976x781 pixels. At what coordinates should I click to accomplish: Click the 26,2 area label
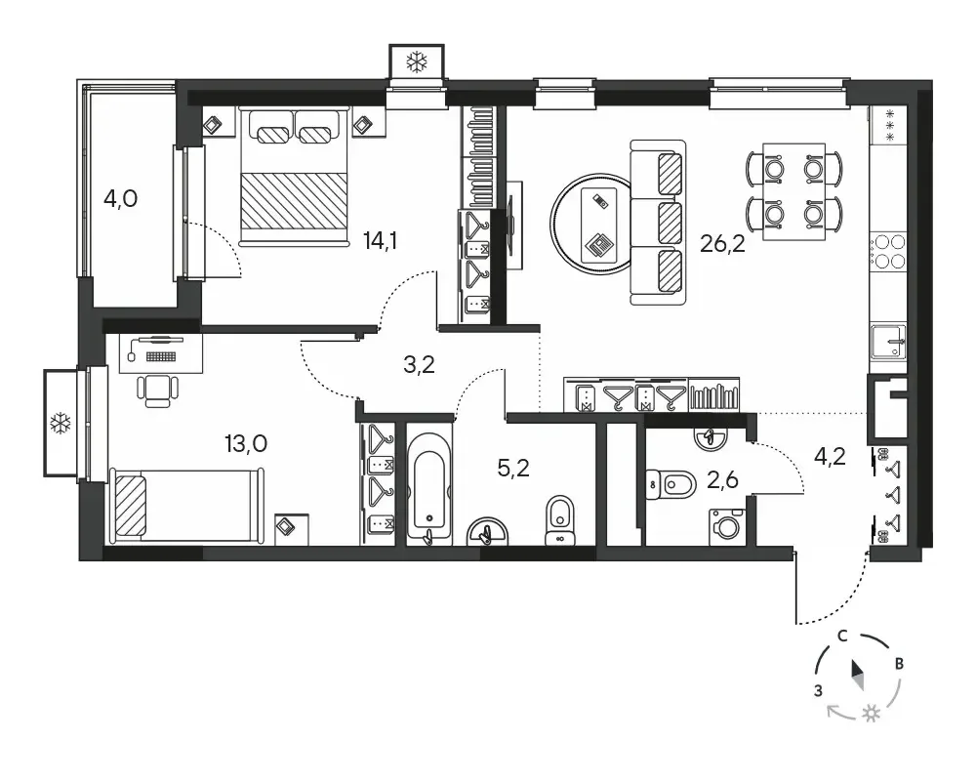pyautogui.click(x=722, y=243)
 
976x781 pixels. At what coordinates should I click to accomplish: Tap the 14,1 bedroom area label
pyautogui.click(x=381, y=240)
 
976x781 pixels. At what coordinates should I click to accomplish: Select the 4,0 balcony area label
pyautogui.click(x=120, y=199)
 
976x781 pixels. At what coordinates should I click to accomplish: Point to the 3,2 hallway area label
pyautogui.click(x=419, y=364)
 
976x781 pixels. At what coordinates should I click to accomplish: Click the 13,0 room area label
pyautogui.click(x=246, y=444)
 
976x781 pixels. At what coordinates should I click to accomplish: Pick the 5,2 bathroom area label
pyautogui.click(x=513, y=467)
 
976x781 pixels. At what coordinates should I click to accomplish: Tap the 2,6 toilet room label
pyautogui.click(x=722, y=479)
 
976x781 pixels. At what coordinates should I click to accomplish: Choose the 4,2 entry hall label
pyautogui.click(x=830, y=457)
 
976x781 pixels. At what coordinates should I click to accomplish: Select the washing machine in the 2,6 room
pyautogui.click(x=726, y=527)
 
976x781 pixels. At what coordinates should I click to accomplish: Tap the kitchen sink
pyautogui.click(x=888, y=342)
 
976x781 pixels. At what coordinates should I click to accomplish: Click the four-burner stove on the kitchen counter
pyautogui.click(x=888, y=251)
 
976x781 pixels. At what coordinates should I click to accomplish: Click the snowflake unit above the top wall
pyautogui.click(x=417, y=62)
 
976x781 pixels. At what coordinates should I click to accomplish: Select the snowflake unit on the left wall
pyautogui.click(x=61, y=424)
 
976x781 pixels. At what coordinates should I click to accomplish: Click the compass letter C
pyautogui.click(x=842, y=636)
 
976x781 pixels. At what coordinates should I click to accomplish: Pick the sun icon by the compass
pyautogui.click(x=872, y=714)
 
